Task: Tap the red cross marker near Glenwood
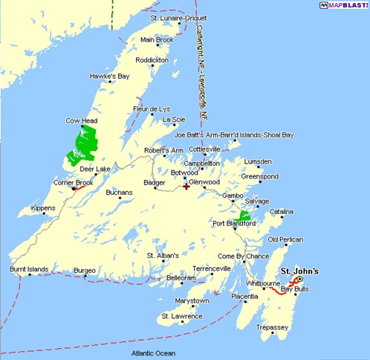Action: (186, 186)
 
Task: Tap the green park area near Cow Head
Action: (84, 144)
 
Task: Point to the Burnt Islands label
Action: (28, 268)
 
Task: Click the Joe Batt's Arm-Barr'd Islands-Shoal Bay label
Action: (234, 135)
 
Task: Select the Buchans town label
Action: (119, 193)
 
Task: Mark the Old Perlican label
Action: (285, 240)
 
